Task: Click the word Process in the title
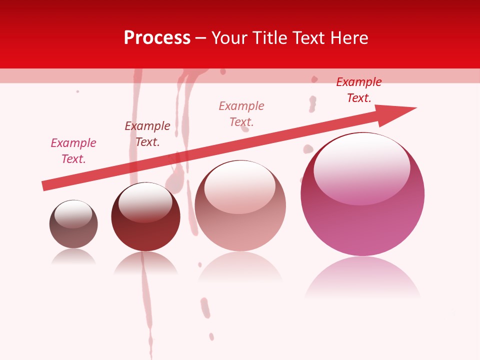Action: (x=157, y=38)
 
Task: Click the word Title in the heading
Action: (x=268, y=38)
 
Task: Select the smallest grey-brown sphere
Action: (x=73, y=224)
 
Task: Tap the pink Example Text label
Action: (x=73, y=150)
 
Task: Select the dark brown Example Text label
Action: (x=147, y=133)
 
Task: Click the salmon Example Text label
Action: (x=241, y=113)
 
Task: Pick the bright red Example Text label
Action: (x=358, y=89)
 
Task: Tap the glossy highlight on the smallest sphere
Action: (x=73, y=214)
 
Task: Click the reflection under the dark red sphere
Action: (x=145, y=263)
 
